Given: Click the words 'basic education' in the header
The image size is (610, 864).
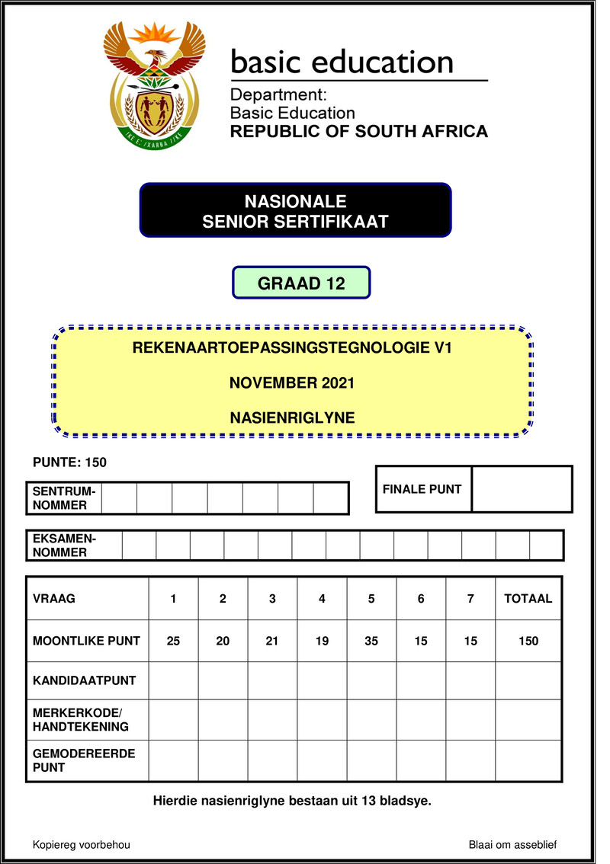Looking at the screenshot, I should point(342,62).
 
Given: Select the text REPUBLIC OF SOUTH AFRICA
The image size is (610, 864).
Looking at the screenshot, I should point(358,132).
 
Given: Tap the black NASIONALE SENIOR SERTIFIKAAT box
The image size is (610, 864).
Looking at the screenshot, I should point(295,211).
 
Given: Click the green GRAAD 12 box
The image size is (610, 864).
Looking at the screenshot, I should point(301,283).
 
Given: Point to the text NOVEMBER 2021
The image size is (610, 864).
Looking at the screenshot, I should point(292,382).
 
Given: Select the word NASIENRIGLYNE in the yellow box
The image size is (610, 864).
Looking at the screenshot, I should point(292,417).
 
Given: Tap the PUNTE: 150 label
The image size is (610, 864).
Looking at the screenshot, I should point(69,462).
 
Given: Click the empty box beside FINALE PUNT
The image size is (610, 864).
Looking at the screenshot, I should point(522,489).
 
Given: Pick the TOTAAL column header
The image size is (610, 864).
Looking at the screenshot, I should point(528,599).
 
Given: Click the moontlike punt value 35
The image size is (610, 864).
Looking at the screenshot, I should point(371,641).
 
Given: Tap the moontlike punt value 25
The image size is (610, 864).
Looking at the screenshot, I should point(173,641).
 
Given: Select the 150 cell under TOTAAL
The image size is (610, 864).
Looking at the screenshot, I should point(528,641).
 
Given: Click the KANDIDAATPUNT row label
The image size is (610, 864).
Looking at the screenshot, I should point(84,680).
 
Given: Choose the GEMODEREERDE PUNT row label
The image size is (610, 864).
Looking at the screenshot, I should point(84,760).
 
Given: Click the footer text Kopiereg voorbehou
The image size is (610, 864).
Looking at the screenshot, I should point(82,845).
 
